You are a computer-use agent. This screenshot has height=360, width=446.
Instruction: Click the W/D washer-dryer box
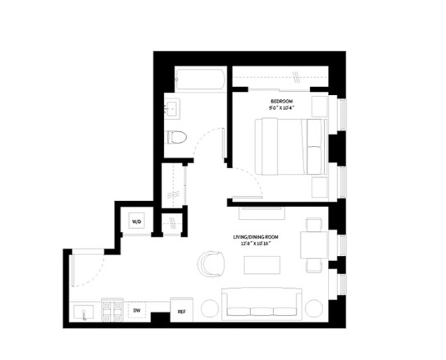pyautogui.click(x=137, y=221)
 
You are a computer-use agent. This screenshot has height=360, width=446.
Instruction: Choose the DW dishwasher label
pyautogui.click(x=138, y=310)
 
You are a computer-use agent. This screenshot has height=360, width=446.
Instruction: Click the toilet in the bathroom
pyautogui.click(x=176, y=137)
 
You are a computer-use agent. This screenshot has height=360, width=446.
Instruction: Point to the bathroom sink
pyautogui.click(x=173, y=109)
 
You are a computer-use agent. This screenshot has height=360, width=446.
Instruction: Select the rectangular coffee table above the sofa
pyautogui.click(x=262, y=265)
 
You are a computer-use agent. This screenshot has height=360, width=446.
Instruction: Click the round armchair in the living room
pyautogui.click(x=210, y=263)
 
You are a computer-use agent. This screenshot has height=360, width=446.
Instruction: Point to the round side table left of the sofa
pyautogui.click(x=209, y=308)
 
